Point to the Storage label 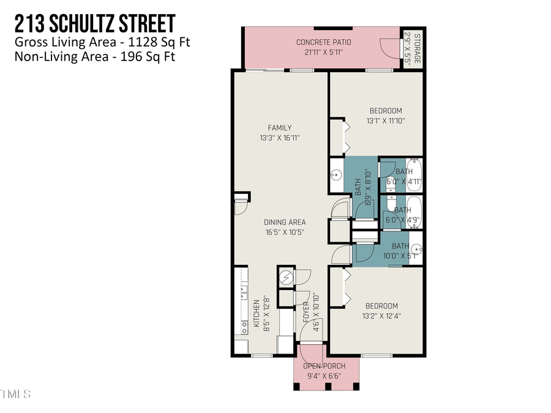click(417, 47)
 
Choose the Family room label click(279, 128)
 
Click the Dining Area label click(285, 222)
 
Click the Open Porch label click(326, 366)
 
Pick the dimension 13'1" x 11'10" click(385, 121)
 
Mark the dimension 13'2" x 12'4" click(381, 316)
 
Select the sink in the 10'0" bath click(416, 249)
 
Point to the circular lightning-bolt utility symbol click(285, 277)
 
